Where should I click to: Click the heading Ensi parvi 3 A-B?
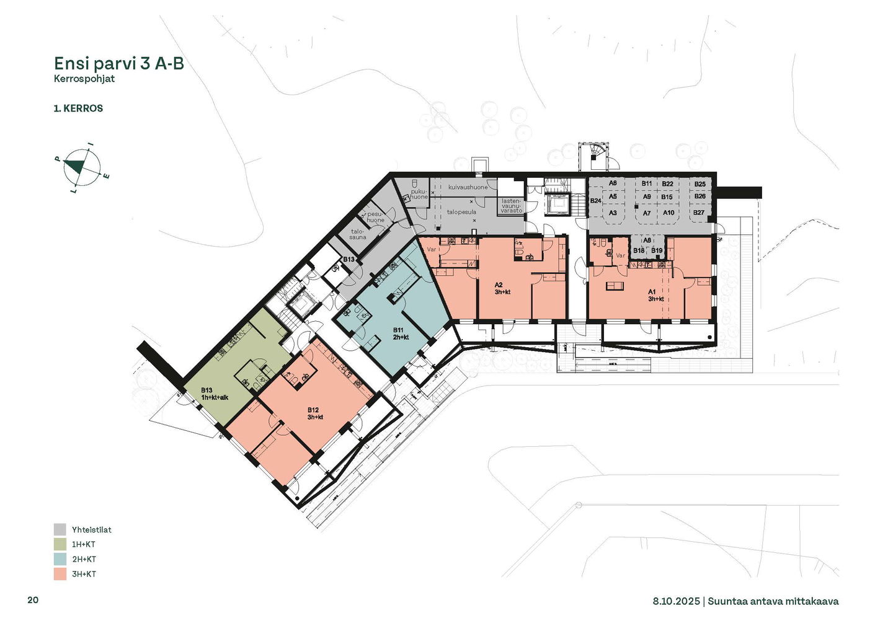[119, 63]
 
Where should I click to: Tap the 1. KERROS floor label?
[78, 108]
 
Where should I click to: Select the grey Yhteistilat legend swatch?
[60, 529]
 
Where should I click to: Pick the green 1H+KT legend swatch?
[60, 544]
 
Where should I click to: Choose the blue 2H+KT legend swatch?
[60, 559]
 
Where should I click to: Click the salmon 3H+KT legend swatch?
[60, 574]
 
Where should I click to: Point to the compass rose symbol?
[82, 168]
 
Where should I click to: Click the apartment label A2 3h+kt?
[502, 288]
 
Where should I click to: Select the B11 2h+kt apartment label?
[401, 334]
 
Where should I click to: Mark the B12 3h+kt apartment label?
[315, 413]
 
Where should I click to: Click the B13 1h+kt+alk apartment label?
[215, 394]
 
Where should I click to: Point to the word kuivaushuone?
[468, 187]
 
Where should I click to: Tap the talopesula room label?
[461, 212]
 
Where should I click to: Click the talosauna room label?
[358, 234]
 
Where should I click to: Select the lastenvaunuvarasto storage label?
[512, 206]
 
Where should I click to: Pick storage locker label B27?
[698, 213]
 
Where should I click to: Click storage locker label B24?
[595, 201]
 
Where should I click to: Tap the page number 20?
[33, 600]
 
